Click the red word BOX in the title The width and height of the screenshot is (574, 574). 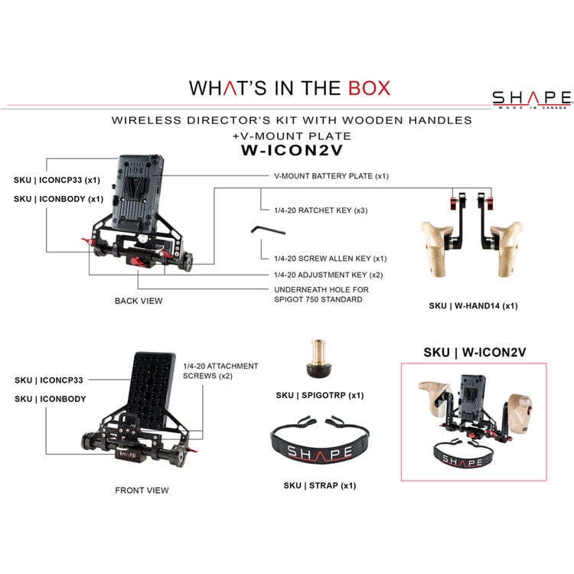(369, 88)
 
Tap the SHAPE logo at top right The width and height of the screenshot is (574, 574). (532, 99)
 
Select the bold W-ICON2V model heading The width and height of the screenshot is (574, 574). (292, 150)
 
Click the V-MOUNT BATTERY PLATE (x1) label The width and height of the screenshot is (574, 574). (331, 176)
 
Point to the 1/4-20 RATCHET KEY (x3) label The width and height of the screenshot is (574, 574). (321, 210)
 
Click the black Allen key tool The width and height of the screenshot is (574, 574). (268, 230)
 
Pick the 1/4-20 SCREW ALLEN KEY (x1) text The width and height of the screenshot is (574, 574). (330, 259)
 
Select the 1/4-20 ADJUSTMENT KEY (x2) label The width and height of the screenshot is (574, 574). (328, 275)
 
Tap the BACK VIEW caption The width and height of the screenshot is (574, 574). (139, 301)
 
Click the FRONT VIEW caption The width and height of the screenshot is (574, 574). (142, 490)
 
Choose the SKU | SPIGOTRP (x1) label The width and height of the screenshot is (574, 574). (320, 396)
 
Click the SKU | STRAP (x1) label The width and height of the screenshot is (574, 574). (320, 485)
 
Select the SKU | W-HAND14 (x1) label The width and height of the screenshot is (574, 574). (473, 305)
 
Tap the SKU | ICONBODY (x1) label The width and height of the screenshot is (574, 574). (59, 199)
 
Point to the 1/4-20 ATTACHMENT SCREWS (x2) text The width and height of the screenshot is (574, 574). (220, 371)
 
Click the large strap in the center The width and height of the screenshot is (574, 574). (319, 445)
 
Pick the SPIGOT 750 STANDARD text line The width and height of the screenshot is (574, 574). (318, 299)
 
